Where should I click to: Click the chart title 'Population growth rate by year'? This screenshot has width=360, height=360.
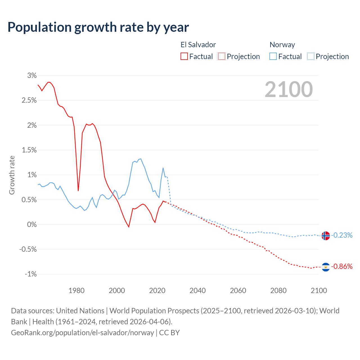coord(98,27)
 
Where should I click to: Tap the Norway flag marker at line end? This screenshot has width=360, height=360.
coord(325,235)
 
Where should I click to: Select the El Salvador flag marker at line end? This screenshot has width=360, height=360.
coord(325,267)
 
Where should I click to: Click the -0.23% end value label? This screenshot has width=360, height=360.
coord(342,235)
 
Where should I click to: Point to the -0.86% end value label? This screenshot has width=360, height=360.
coord(342,266)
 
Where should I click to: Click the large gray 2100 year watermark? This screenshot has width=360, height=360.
coord(289,89)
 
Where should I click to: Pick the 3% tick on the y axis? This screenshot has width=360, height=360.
coord(32,75)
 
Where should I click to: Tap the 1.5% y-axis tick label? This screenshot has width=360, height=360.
coord(29,150)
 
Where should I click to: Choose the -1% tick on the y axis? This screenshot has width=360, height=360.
coord(31,274)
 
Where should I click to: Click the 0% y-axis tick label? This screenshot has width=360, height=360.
coord(32,224)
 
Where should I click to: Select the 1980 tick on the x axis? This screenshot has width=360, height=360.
coord(76,291)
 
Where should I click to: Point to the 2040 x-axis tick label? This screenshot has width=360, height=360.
coord(197,291)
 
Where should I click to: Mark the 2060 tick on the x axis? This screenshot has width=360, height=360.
coord(238,291)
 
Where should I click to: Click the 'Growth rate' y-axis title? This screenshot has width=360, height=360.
coord(12,175)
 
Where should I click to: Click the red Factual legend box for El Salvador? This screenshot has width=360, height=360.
coord(184,57)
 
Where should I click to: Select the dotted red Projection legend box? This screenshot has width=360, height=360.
coord(222,57)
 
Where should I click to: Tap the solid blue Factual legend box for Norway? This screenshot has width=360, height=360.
coord(273,57)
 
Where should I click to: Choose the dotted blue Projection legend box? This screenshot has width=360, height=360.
coord(310,57)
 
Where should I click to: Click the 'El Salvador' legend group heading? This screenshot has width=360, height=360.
coord(198,45)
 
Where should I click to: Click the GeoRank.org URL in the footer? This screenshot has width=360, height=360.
coord(82,332)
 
